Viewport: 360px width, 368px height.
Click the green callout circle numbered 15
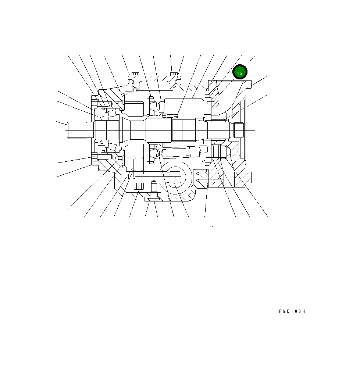coord(240,73)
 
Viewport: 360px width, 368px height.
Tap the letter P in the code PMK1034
coord(280,311)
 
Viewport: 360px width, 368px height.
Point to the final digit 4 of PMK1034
coord(304,311)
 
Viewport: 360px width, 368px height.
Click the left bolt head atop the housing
coord(135,75)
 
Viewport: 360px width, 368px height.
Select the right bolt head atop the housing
coord(174,75)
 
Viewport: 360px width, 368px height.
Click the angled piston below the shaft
coord(180,152)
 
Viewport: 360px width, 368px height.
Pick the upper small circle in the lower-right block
coord(197,172)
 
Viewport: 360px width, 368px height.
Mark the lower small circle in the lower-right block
coord(198,181)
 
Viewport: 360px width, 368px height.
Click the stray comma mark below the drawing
coord(212,225)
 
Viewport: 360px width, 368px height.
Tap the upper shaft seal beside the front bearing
coord(98,117)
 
